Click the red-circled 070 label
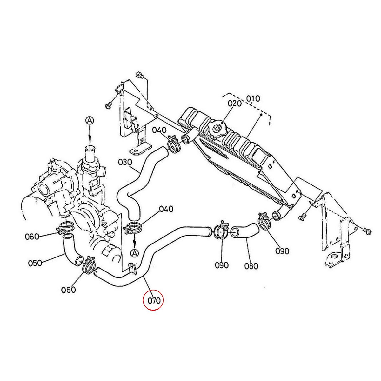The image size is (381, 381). click(x=153, y=300)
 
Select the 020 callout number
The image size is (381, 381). click(x=235, y=104)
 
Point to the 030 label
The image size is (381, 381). click(x=125, y=162)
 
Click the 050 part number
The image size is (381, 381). click(x=35, y=263)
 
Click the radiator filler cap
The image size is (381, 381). click(x=218, y=128)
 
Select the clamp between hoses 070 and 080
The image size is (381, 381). click(x=222, y=231)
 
